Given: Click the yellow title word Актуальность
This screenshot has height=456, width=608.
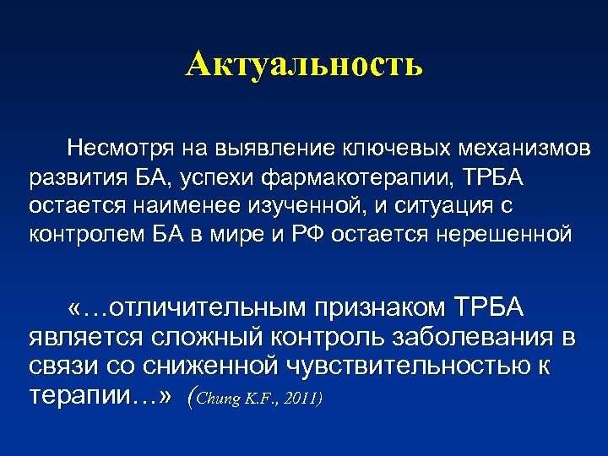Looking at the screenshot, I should (x=304, y=64).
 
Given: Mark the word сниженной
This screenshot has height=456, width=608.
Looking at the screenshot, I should (x=214, y=366).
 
